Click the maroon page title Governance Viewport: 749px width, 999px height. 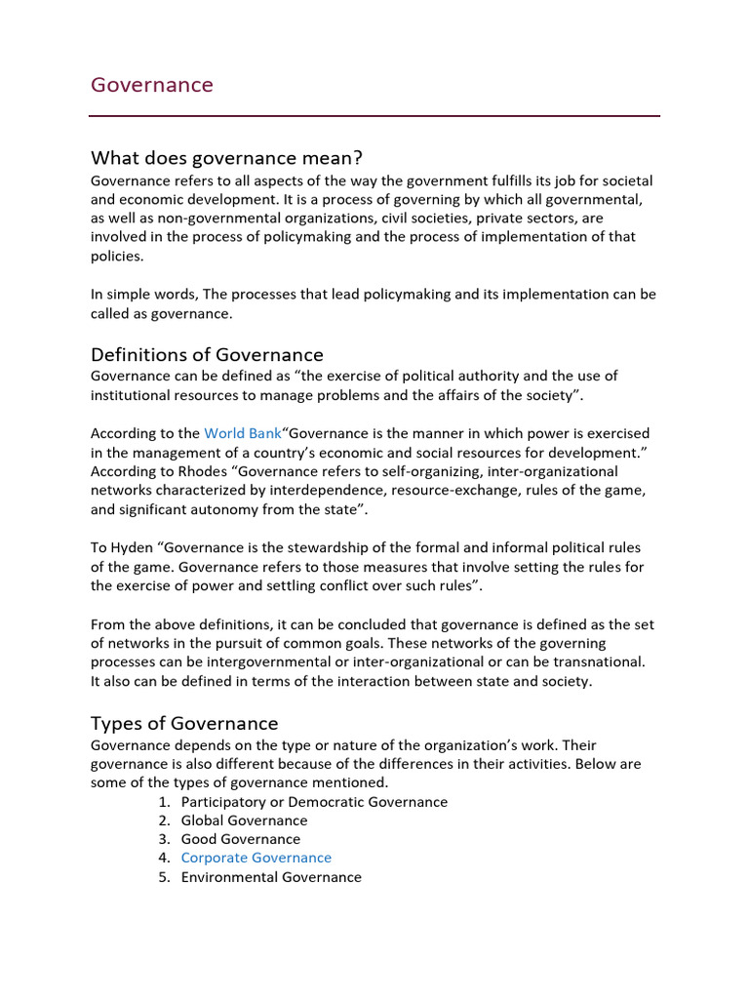(151, 85)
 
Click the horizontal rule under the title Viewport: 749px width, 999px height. (374, 116)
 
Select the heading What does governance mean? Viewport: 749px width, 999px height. (226, 158)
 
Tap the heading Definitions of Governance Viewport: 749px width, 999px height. (207, 354)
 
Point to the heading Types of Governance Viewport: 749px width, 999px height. (184, 723)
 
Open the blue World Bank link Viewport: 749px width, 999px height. (242, 433)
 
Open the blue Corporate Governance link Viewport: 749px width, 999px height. (256, 859)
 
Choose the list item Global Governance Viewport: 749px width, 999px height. (244, 820)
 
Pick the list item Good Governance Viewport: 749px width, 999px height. (240, 840)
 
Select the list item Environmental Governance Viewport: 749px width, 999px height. (271, 877)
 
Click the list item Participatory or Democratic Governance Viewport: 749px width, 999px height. (314, 802)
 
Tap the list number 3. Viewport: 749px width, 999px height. (163, 840)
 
